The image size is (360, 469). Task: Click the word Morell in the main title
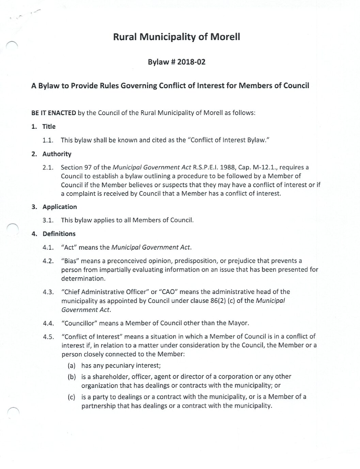[x=225, y=37]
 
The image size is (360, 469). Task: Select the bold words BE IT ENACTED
[x=53, y=113]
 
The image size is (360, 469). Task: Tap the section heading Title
[x=49, y=126]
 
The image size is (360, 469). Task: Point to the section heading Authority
[x=57, y=154]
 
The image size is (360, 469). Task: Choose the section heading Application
[x=60, y=207]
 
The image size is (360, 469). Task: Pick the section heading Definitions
[x=59, y=234]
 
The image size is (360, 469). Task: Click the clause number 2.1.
[x=48, y=168]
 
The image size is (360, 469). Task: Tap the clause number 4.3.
[x=48, y=292]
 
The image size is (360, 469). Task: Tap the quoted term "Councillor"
[x=79, y=323]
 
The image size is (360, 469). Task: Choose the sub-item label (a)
[x=72, y=366]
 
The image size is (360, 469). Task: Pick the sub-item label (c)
[x=72, y=397]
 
